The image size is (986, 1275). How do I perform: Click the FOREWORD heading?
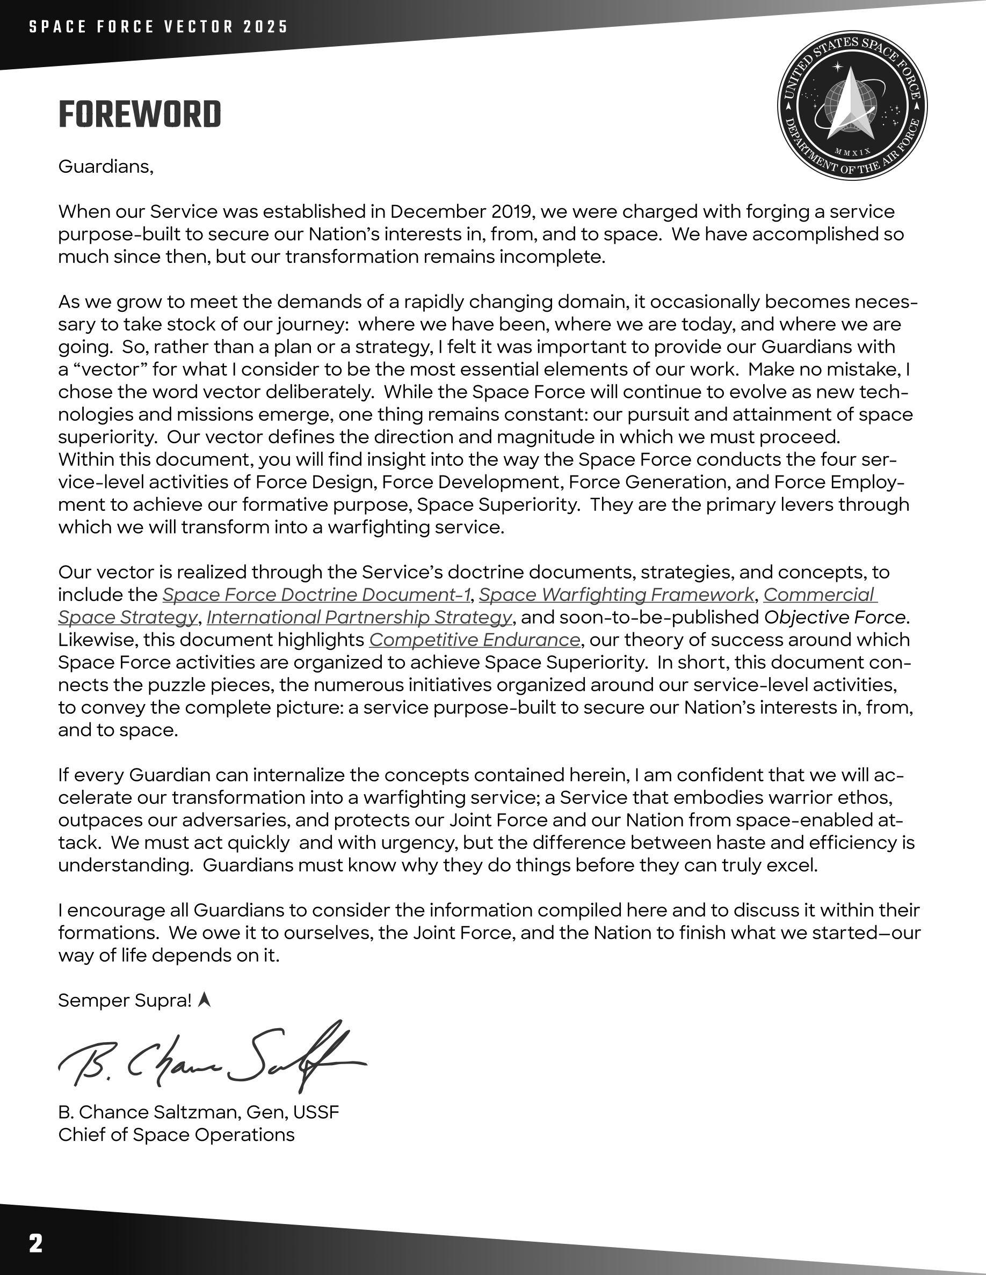[140, 114]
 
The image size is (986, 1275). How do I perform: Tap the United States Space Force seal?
[852, 106]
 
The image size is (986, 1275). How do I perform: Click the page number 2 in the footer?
[35, 1243]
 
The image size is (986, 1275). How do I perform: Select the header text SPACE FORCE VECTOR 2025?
[159, 27]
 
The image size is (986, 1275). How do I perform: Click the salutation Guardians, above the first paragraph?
[106, 167]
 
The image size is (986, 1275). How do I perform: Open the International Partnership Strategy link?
[359, 617]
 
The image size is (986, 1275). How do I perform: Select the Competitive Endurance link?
[474, 640]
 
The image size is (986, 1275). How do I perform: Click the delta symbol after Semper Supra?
[204, 1001]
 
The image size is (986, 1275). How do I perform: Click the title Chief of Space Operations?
[176, 1134]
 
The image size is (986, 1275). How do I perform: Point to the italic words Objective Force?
[834, 617]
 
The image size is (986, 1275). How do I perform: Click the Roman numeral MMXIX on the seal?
[852, 152]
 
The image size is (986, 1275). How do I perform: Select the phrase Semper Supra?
[125, 1001]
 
